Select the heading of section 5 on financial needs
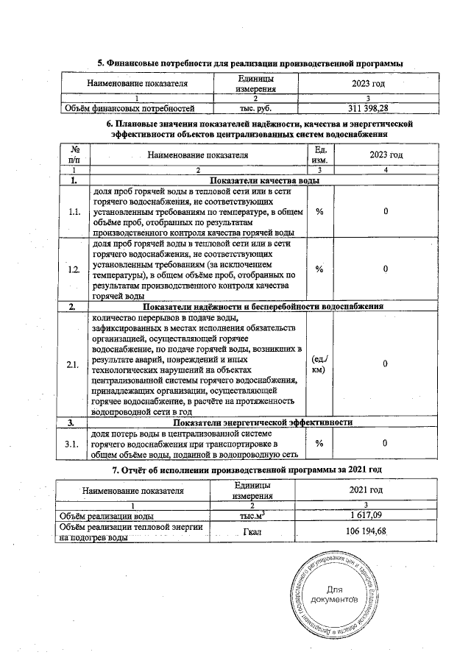(x=249, y=64)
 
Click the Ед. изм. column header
(x=319, y=155)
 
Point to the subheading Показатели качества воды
(x=266, y=180)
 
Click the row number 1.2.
(x=74, y=269)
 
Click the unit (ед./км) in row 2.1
(x=319, y=365)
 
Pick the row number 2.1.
(x=74, y=365)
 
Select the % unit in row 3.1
(x=319, y=443)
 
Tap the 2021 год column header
(x=366, y=490)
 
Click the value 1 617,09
(x=366, y=516)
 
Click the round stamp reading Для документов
(x=334, y=595)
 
